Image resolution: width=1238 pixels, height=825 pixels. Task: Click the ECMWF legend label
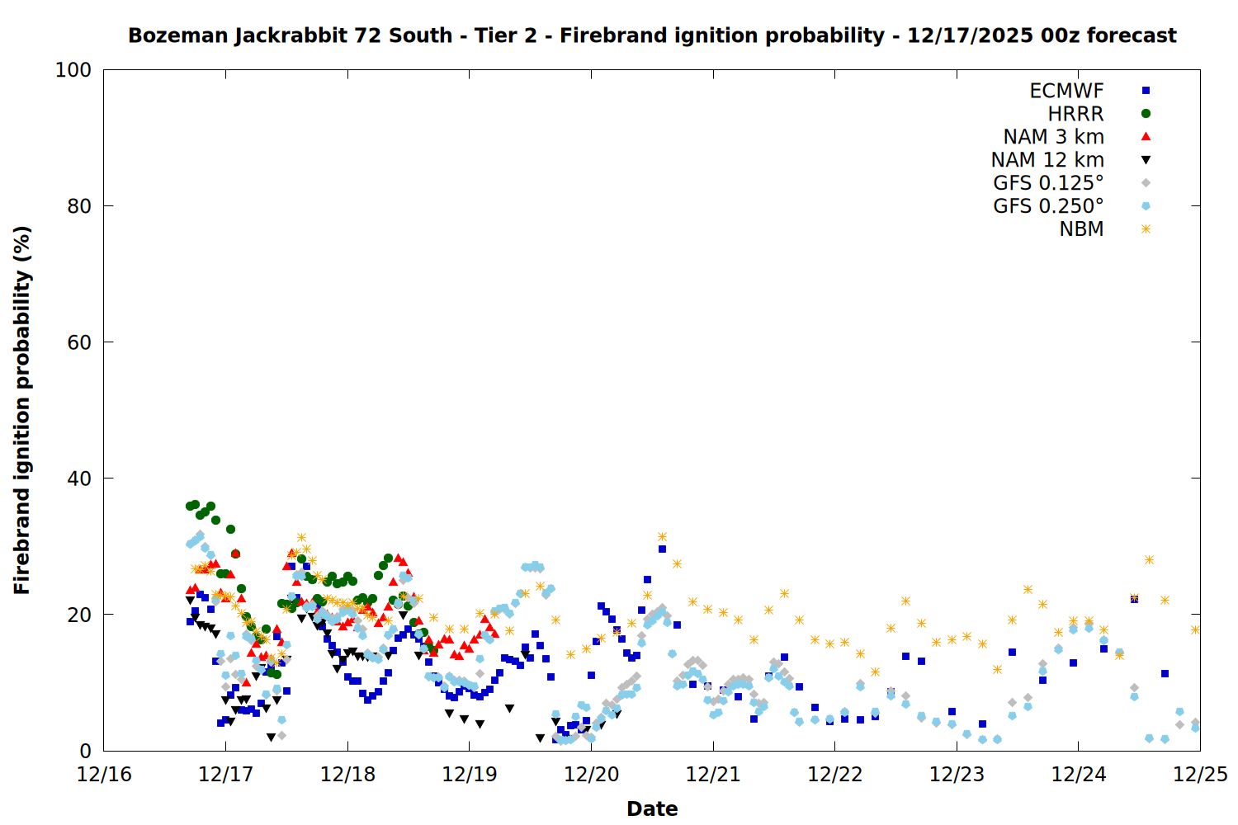(x=1066, y=91)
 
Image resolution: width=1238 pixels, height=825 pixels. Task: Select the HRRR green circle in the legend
(x=1146, y=114)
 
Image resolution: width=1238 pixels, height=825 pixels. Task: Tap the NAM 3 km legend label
(x=1053, y=137)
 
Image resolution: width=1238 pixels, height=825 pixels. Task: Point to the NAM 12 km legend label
(x=1047, y=160)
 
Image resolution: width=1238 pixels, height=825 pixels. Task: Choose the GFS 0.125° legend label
(x=1048, y=183)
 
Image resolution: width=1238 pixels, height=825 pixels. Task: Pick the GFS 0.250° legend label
(x=1048, y=206)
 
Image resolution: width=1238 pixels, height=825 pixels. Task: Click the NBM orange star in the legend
(x=1146, y=229)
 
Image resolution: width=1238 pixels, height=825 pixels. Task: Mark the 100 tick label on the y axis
(x=73, y=70)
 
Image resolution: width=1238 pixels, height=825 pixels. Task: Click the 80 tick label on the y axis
(x=79, y=206)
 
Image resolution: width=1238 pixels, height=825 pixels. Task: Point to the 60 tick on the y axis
(x=79, y=342)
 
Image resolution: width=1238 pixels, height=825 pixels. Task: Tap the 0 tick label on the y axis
(x=86, y=751)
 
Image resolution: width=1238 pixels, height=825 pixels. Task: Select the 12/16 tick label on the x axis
(x=104, y=775)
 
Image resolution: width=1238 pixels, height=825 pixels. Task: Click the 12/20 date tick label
(x=591, y=775)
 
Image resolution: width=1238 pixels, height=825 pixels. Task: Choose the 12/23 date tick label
(x=957, y=775)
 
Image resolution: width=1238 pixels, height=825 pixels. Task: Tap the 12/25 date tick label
(x=1200, y=775)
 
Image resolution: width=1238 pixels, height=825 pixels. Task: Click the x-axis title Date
(x=652, y=808)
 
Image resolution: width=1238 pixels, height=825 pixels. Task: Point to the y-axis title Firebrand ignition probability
(x=22, y=410)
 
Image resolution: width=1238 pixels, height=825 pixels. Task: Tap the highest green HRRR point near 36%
(x=196, y=504)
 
